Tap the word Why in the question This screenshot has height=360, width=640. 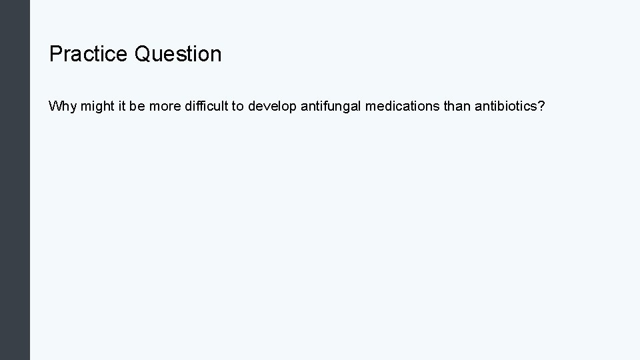coord(63,107)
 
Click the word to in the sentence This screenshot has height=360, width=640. coord(237,107)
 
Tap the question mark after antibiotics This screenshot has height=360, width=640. coord(541,107)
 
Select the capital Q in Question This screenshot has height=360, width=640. coord(143,54)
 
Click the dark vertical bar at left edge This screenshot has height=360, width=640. coord(15,180)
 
